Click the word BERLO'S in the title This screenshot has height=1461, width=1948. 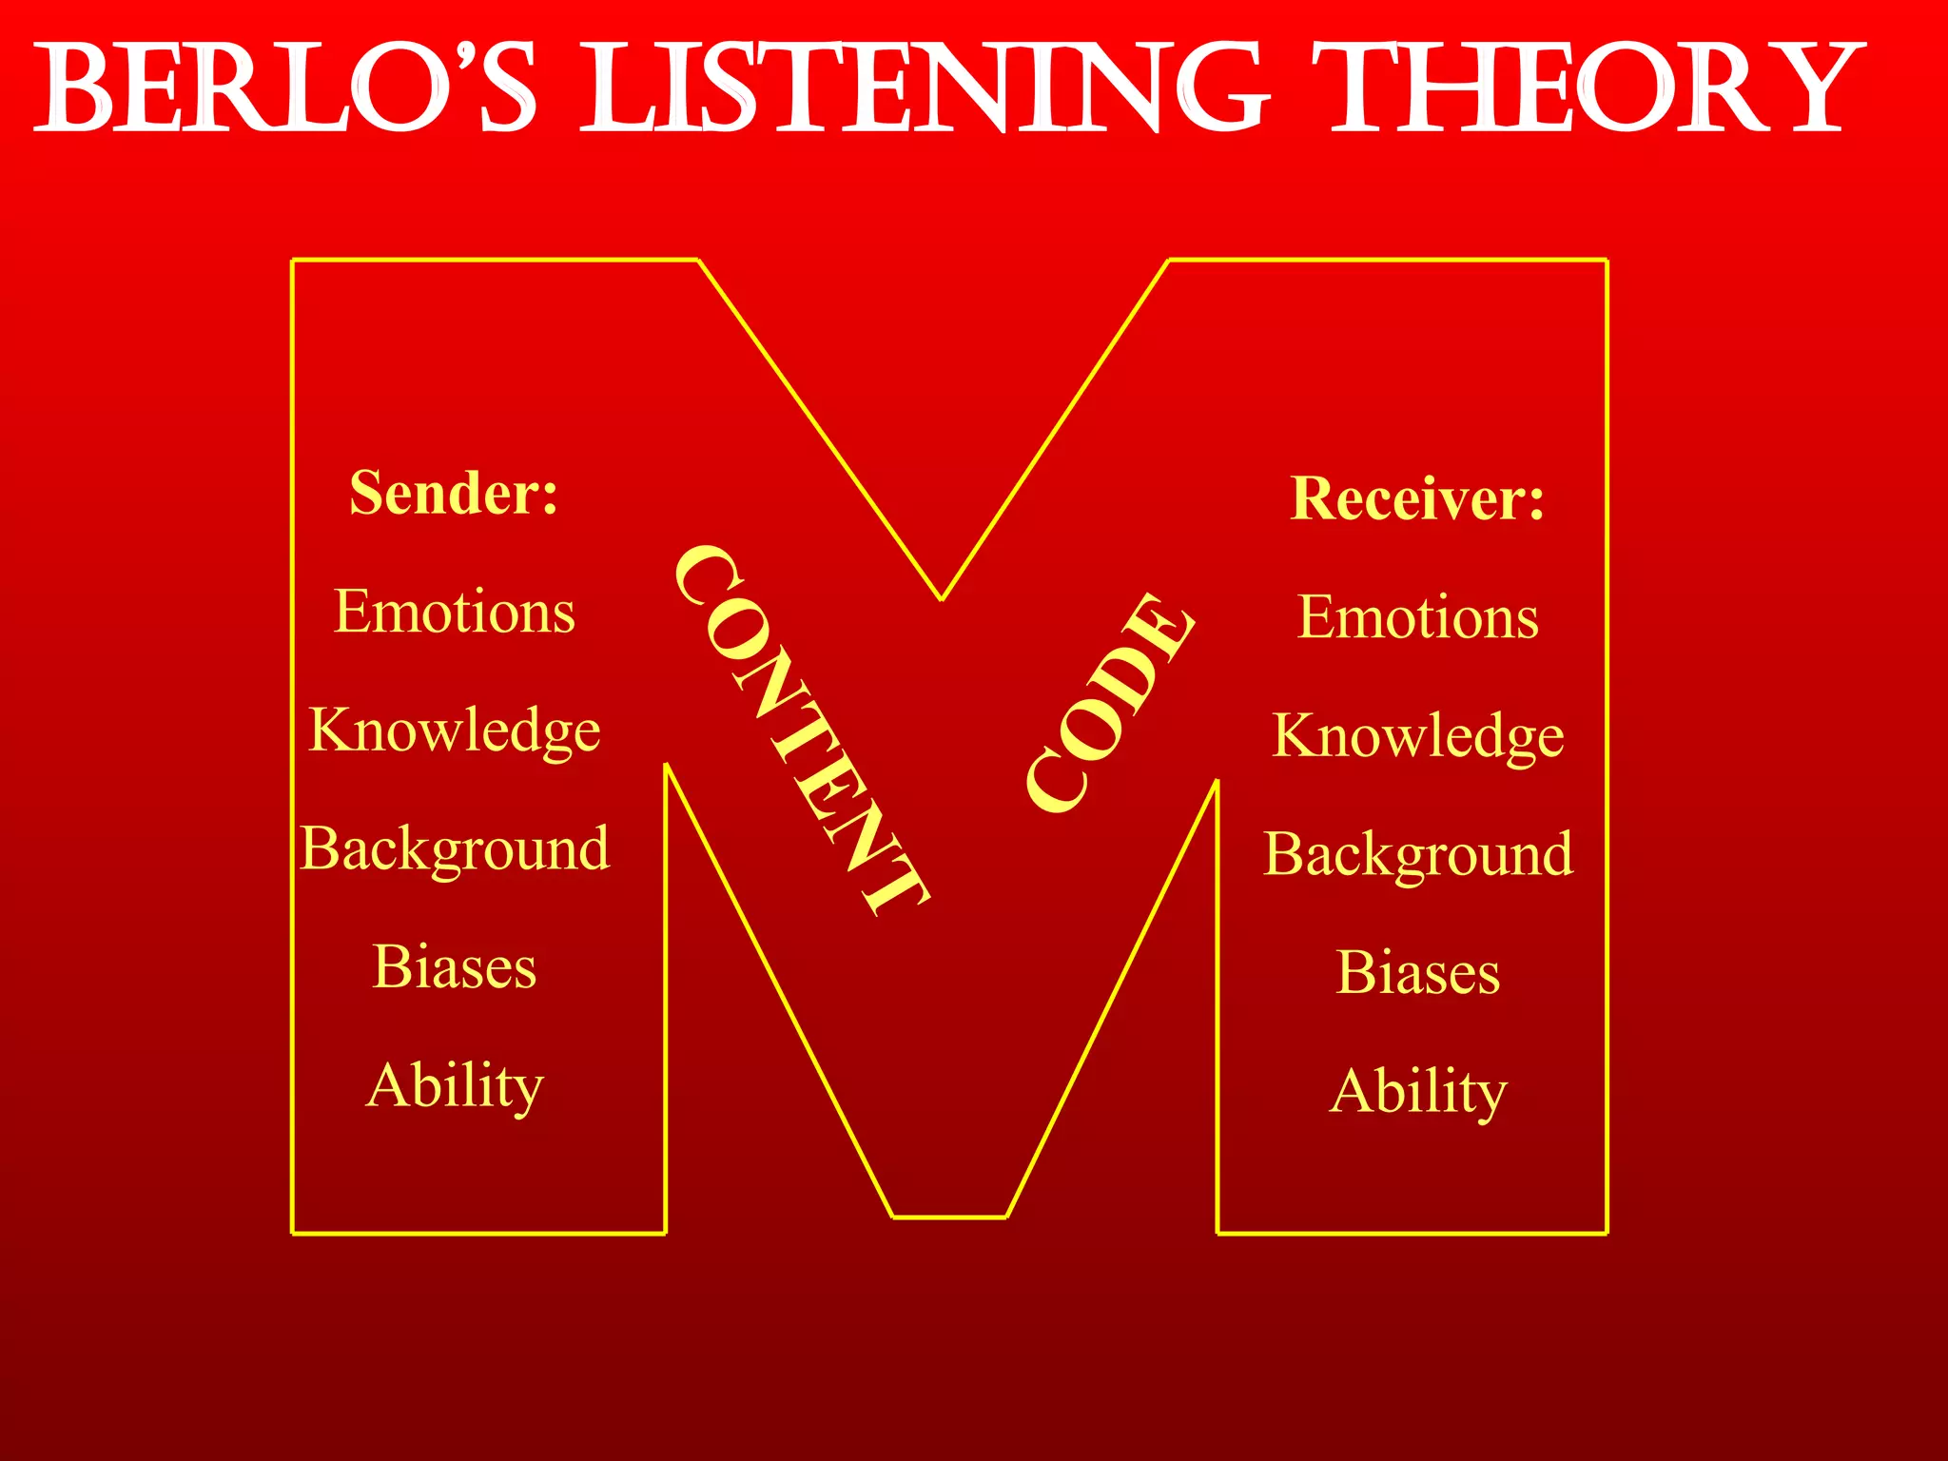click(x=285, y=88)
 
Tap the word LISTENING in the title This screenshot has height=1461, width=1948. click(x=923, y=88)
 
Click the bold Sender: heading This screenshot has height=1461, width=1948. click(x=454, y=493)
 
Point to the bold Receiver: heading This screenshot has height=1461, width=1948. click(x=1417, y=498)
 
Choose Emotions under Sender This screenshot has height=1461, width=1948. click(x=454, y=612)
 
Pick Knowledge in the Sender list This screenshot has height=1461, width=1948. click(x=454, y=730)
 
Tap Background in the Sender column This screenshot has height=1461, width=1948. click(x=454, y=848)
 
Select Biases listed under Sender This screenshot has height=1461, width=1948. click(x=454, y=967)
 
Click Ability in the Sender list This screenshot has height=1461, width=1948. click(x=454, y=1086)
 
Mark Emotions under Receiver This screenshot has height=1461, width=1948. click(x=1417, y=617)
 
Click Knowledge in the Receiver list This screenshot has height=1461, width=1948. click(x=1417, y=736)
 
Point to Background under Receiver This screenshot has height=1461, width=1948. click(x=1417, y=854)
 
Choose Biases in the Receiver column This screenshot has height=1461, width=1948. click(x=1417, y=973)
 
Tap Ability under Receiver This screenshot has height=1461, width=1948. click(x=1417, y=1092)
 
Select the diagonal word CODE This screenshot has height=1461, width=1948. click(x=1110, y=704)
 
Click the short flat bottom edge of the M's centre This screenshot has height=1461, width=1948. click(x=949, y=1217)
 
